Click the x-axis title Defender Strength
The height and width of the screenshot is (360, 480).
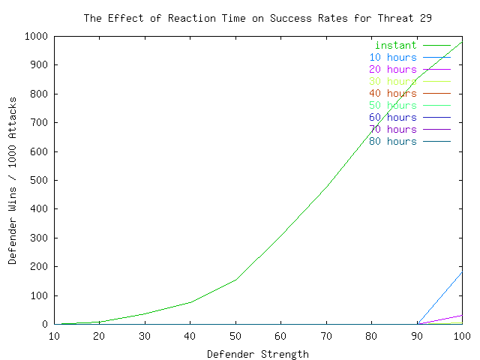click(257, 354)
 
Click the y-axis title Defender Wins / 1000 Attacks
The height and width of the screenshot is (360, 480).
click(13, 181)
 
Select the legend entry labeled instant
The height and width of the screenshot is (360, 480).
click(396, 45)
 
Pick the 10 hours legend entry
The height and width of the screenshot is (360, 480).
click(392, 57)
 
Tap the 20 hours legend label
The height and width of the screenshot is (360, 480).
click(392, 69)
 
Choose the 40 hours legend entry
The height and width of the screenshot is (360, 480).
click(392, 93)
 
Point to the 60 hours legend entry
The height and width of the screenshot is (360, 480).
click(392, 117)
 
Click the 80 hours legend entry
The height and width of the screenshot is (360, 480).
click(392, 141)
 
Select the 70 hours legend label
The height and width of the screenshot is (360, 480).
click(392, 129)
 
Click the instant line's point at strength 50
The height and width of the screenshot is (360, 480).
click(235, 280)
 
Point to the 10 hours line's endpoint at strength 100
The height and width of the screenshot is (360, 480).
click(462, 271)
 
